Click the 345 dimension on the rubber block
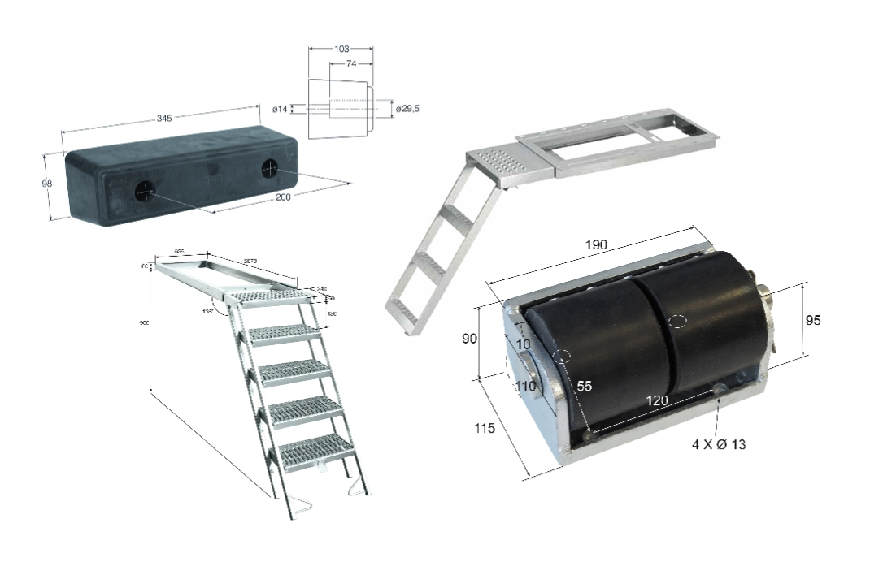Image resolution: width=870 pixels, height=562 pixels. (163, 119)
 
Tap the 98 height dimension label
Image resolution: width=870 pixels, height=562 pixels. (46, 184)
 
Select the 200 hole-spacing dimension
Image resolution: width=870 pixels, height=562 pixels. (282, 197)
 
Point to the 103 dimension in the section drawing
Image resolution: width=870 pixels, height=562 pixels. (341, 49)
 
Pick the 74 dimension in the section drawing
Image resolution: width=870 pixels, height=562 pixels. (351, 63)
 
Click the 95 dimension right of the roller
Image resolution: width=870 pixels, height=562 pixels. (812, 320)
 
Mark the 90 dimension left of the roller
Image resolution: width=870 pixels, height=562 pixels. (469, 339)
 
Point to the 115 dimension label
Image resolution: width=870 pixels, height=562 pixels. (485, 429)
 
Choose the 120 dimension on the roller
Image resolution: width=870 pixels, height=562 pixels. (658, 400)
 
